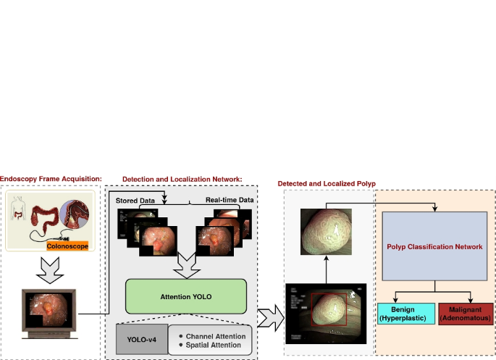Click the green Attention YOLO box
coord(186,297)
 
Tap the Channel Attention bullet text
coord(211,336)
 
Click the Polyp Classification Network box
coord(434,246)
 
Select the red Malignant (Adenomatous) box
coord(466,314)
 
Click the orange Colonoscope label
coord(67,246)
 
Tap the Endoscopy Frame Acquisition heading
coord(51,179)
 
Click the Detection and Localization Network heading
coord(182,179)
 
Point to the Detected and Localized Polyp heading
coord(327,184)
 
